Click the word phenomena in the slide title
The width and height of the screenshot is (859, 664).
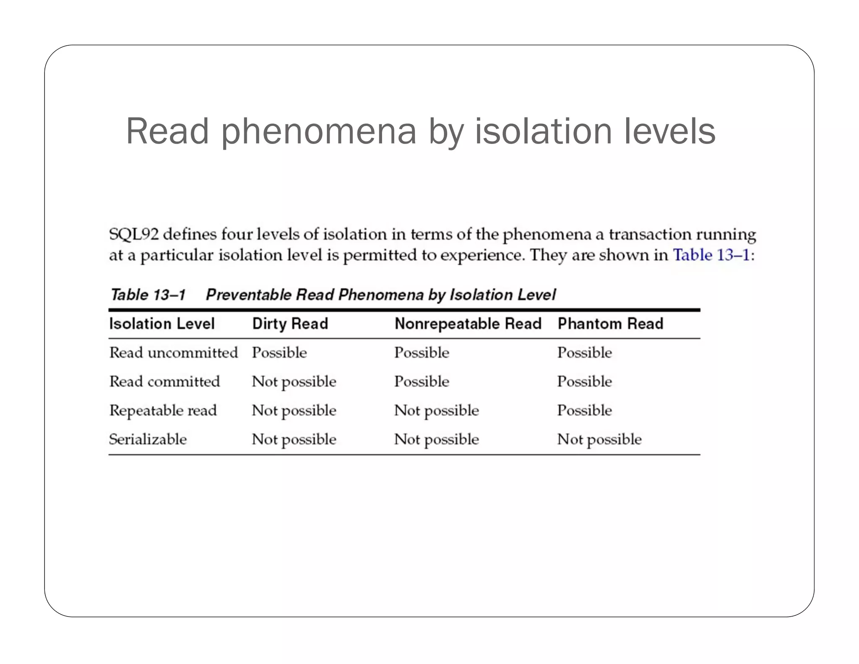tap(318, 132)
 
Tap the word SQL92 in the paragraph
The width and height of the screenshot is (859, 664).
tap(134, 234)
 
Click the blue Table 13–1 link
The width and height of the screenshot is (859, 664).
tap(711, 255)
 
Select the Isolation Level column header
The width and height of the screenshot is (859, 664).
tap(162, 324)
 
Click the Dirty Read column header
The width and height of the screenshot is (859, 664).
tap(290, 324)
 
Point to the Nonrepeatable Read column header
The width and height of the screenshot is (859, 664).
tap(468, 324)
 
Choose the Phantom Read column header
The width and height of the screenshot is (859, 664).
tap(610, 324)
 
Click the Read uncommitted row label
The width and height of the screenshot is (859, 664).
tap(174, 353)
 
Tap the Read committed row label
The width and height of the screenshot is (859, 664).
tap(164, 382)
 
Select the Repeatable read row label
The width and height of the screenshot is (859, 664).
tap(163, 410)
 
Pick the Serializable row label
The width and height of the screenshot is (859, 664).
tap(148, 439)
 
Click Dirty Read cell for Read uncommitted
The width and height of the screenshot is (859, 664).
tap(279, 353)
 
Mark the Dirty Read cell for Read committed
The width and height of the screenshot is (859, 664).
tap(294, 382)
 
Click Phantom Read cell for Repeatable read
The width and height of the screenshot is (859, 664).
tap(585, 410)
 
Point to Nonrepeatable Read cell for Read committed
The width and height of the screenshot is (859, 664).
tap(422, 382)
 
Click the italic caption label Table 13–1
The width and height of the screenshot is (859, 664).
tap(148, 295)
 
